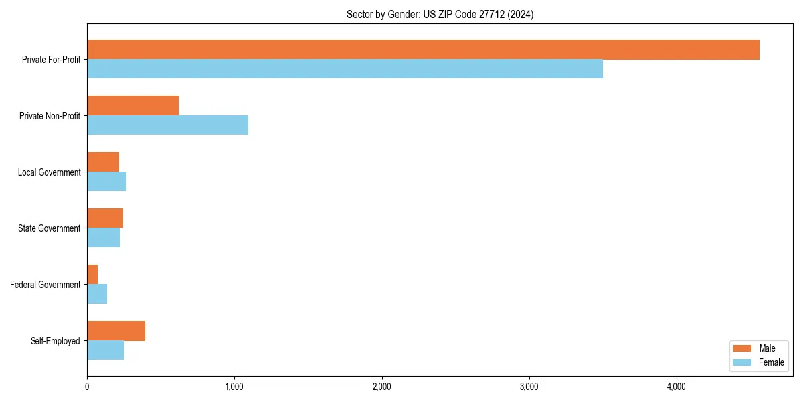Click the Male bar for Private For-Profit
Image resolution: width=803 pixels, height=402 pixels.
point(423,50)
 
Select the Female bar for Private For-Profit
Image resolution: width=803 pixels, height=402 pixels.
point(345,69)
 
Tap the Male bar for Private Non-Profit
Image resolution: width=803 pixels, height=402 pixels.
point(132,106)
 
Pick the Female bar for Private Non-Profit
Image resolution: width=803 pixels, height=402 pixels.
point(167,125)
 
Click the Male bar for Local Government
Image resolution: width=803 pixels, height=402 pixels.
point(103,162)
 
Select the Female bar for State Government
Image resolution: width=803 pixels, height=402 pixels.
point(104,238)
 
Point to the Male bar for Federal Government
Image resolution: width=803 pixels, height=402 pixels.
point(92,275)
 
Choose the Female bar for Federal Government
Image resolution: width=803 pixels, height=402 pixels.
point(97,294)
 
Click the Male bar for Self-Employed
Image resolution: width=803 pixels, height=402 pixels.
point(116,331)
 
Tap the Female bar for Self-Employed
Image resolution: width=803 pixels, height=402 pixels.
point(106,350)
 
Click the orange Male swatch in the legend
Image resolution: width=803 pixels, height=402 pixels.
point(742,348)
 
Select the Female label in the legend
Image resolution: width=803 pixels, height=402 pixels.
point(771,362)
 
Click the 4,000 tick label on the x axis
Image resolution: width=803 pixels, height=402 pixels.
point(677,387)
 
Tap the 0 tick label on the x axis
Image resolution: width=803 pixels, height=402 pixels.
point(87,387)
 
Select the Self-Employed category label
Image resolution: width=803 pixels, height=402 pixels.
point(56,341)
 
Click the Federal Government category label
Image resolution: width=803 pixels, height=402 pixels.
point(46,285)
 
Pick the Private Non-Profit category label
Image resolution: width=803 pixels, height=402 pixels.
point(50,116)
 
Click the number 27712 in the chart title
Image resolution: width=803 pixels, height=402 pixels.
point(492,14)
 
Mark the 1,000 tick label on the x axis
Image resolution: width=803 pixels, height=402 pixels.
point(234,387)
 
